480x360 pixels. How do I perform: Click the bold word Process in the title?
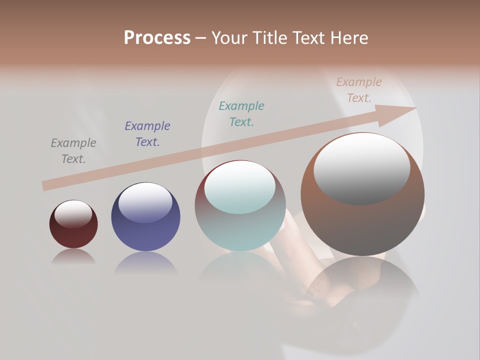157,38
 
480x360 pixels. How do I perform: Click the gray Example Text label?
73,151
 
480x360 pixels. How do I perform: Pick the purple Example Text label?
147,134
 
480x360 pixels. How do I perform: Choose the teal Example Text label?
241,114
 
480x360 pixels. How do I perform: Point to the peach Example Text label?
358,90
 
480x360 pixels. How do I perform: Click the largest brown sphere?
362,225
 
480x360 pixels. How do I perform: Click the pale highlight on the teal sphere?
239,187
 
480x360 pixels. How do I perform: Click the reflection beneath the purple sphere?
145,262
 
